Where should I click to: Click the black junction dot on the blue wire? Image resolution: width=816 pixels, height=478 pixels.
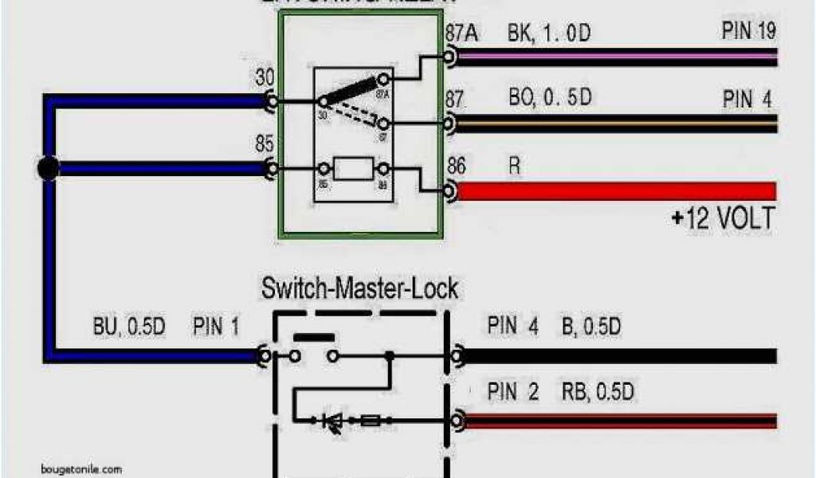point(49,168)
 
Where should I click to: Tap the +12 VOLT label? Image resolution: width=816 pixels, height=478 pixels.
point(722,218)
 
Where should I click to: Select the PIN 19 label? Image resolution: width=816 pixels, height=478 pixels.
point(748,33)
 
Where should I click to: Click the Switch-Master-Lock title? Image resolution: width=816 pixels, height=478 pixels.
point(360,288)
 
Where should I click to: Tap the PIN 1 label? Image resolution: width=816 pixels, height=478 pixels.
point(215,327)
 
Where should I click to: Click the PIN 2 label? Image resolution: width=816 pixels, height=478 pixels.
point(513,392)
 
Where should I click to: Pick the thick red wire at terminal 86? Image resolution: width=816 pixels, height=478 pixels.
point(614,191)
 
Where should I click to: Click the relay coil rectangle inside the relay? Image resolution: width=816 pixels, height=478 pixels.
point(353,169)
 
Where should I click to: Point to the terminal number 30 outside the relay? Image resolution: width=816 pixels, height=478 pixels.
point(265,78)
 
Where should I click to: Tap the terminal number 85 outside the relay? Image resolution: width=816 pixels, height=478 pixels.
point(265,145)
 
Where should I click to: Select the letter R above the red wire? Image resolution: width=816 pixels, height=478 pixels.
point(514,166)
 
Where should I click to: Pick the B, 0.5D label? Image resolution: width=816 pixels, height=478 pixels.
point(592,327)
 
